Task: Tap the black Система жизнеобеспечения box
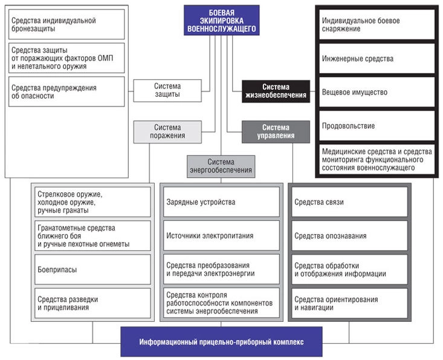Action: [276, 91]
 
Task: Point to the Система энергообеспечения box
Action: [221, 166]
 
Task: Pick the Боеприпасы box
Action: [92, 269]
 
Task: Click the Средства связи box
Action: [350, 201]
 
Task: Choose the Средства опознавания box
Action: [350, 235]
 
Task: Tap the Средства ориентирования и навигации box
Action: [350, 303]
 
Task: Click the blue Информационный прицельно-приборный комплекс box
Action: [221, 342]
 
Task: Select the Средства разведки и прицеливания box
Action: [92, 303]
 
